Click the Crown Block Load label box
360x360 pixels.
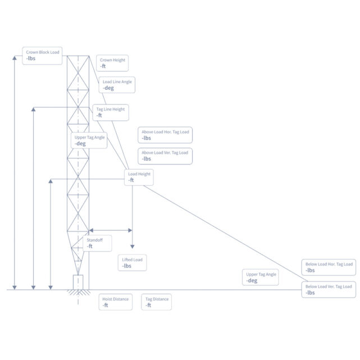click(x=42, y=56)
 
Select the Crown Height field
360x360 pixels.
click(x=113, y=63)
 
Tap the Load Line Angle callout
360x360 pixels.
click(x=117, y=85)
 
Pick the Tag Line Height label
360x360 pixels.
click(x=110, y=112)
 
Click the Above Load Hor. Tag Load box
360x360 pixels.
click(x=165, y=135)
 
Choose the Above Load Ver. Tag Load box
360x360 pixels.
click(x=165, y=156)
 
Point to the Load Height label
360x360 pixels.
click(x=139, y=177)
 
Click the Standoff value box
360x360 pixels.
click(x=97, y=243)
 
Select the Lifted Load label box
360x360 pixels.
click(x=133, y=263)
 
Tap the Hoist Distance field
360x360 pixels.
click(x=115, y=302)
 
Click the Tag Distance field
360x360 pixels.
click(x=157, y=302)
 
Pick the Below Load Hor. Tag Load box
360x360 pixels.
click(x=329, y=267)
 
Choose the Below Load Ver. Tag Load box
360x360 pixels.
click(x=329, y=289)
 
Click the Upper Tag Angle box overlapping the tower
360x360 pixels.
click(x=89, y=140)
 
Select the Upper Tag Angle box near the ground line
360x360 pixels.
click(x=261, y=277)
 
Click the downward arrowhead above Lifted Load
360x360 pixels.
click(x=132, y=246)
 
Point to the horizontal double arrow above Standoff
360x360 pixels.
click(x=111, y=230)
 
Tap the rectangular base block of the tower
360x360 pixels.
click(x=78, y=282)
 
